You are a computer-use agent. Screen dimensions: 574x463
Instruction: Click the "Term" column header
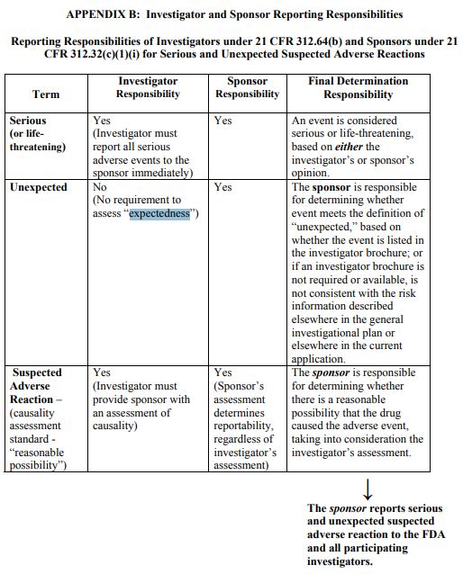(45, 94)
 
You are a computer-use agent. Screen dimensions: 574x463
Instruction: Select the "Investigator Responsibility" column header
(148, 87)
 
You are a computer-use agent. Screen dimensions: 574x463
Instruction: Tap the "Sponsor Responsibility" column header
(247, 87)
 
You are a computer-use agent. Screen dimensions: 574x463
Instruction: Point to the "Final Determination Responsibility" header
(359, 87)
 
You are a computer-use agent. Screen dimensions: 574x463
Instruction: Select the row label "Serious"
(28, 120)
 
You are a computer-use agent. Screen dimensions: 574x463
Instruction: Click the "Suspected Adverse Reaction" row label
(37, 385)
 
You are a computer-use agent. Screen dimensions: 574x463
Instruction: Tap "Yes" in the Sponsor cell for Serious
(222, 120)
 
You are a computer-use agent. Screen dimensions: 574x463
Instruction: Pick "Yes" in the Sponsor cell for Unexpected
(222, 187)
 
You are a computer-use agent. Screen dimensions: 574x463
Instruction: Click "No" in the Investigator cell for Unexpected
(100, 187)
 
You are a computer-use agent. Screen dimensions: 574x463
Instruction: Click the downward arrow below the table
(368, 489)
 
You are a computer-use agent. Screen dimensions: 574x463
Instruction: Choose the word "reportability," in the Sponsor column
(244, 426)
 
